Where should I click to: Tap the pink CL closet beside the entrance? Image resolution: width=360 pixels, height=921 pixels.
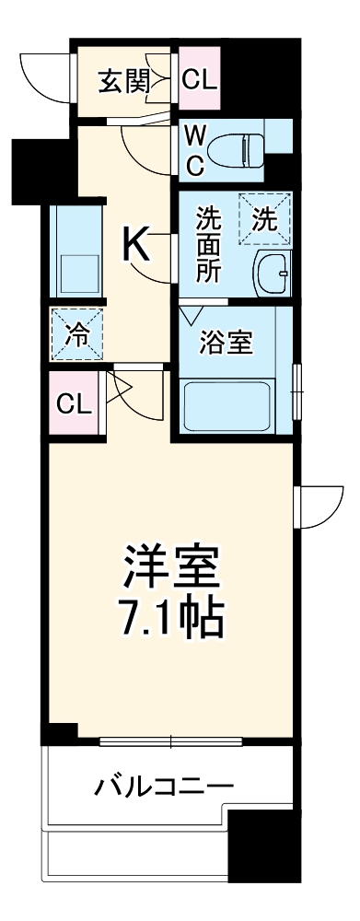point(200,80)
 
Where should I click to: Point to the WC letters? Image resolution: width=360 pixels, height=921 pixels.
point(195,149)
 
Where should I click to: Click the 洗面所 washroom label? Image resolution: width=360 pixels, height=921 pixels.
point(206,246)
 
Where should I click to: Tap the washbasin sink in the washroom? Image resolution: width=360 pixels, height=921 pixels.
point(273,273)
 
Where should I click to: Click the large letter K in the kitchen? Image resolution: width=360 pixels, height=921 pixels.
point(136,244)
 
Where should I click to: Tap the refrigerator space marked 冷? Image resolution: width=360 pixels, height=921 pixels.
point(78,334)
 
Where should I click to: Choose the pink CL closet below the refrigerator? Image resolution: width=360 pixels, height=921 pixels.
point(73,402)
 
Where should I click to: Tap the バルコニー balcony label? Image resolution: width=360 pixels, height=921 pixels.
point(164,787)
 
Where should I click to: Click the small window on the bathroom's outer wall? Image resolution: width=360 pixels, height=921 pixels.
point(296,391)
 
